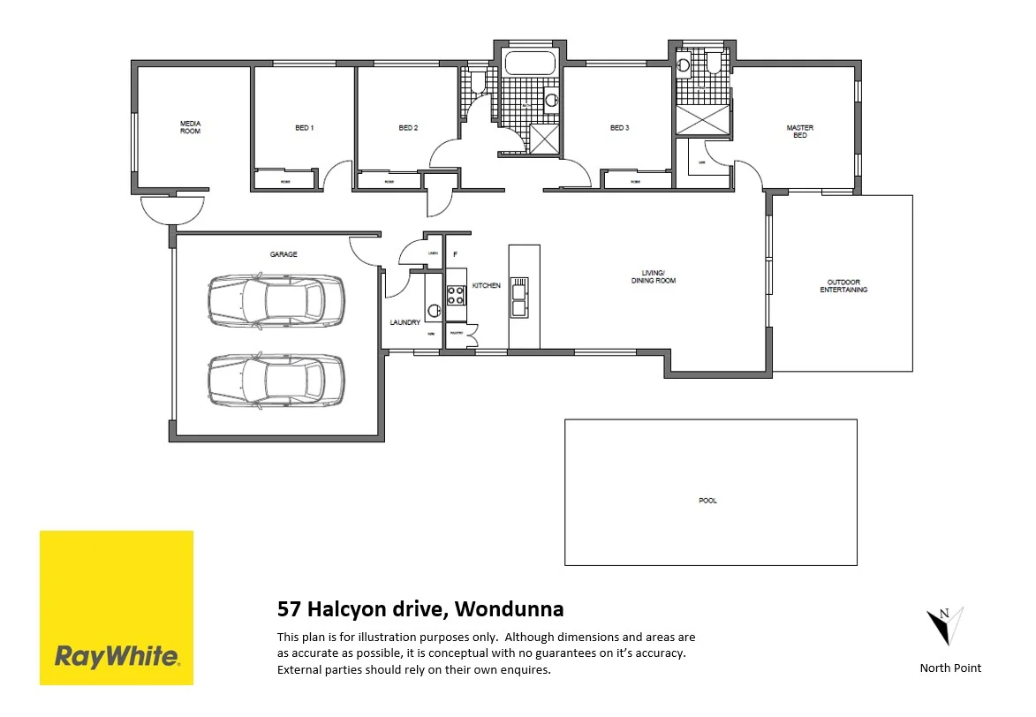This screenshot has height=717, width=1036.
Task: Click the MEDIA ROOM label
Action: [190, 127]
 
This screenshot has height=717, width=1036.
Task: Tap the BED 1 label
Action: [304, 128]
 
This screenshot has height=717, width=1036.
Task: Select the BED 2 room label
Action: [407, 128]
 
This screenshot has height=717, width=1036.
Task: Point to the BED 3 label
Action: [619, 128]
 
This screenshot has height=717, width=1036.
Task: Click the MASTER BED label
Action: [799, 132]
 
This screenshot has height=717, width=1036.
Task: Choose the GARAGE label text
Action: [284, 254]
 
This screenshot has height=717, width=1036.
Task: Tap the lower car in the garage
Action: [276, 380]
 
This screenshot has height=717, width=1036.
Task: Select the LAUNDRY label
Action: [405, 323]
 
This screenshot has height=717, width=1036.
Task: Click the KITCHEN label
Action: [487, 286]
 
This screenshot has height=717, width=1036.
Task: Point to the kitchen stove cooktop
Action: [456, 296]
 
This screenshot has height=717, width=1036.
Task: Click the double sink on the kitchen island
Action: [520, 297]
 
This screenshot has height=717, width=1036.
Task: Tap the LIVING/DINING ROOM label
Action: [653, 276]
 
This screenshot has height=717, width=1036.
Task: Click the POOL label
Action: [707, 501]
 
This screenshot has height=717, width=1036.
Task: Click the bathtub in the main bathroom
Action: [529, 64]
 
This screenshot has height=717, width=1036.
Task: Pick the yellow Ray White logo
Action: [117, 608]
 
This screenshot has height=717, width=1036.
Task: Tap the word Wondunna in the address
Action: [512, 608]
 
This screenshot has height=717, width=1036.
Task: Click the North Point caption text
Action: [950, 668]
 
